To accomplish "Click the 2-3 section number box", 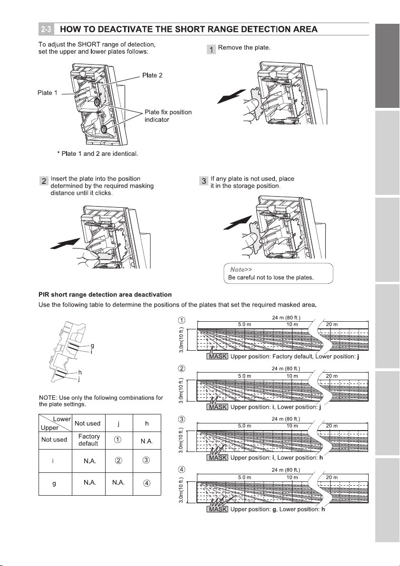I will pyautogui.click(x=46, y=29).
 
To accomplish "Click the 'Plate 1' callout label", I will pyautogui.click(x=48, y=93).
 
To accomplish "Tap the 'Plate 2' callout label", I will pyautogui.click(x=153, y=76).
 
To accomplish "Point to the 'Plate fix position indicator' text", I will pyautogui.click(x=168, y=116).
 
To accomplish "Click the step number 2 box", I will pyautogui.click(x=44, y=182).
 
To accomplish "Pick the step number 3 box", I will pyautogui.click(x=204, y=182).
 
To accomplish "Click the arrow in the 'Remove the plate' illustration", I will pyautogui.click(x=230, y=97).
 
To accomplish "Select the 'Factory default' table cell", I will pyautogui.click(x=89, y=440).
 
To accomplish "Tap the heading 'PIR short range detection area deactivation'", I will pyautogui.click(x=105, y=295).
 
